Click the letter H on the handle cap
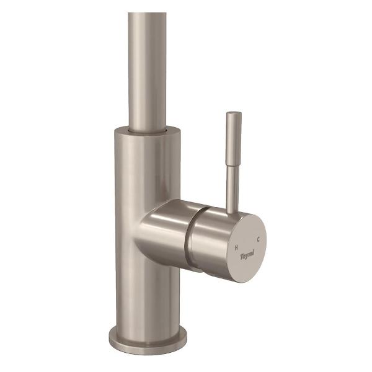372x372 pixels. coord(237,246)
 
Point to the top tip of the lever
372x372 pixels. coord(234,113)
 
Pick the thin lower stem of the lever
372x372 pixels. coord(232,186)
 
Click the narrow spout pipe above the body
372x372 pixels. coord(148,68)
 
